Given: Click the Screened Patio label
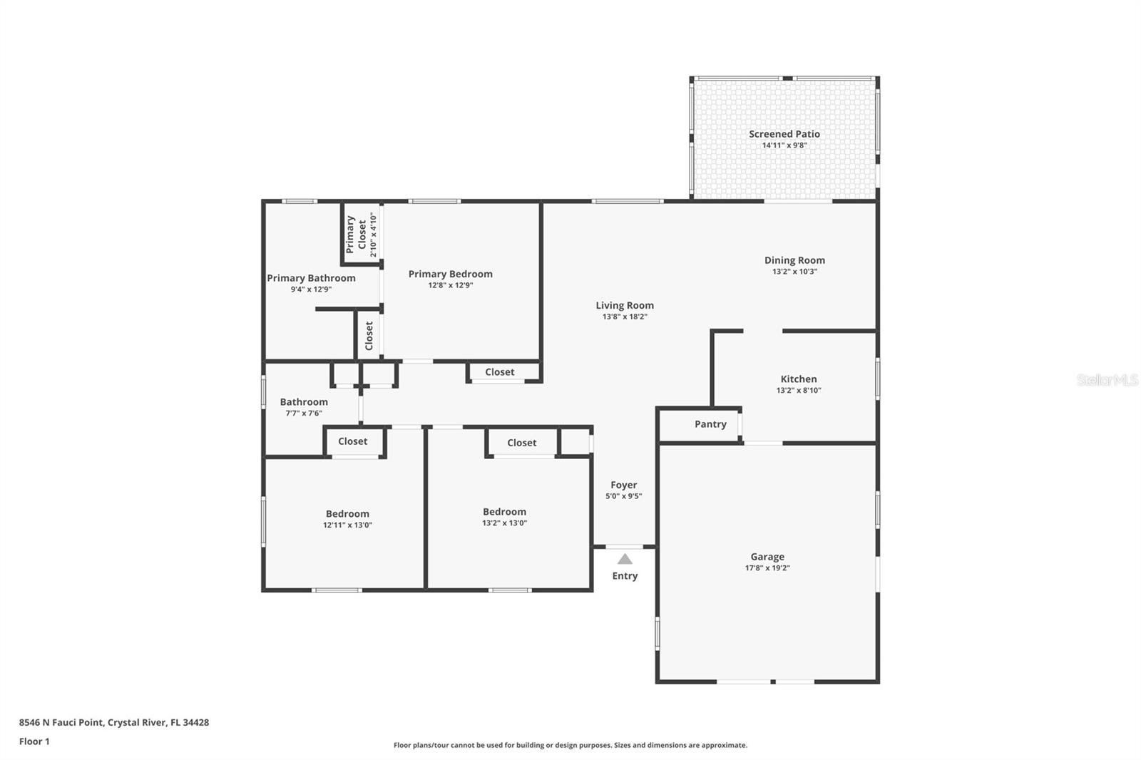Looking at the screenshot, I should click(784, 134).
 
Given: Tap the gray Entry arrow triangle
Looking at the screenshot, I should click(625, 559).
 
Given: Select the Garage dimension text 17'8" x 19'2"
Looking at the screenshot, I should click(767, 568).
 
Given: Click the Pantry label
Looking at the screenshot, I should click(710, 424).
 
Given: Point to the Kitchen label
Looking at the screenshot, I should click(798, 379).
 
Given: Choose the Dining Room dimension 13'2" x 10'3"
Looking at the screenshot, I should click(794, 272).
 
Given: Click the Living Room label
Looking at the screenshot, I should click(625, 305).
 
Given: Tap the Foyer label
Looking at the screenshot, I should click(623, 485).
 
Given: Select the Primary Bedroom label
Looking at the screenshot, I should click(450, 274).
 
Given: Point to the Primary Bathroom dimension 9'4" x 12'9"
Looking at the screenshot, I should click(311, 289).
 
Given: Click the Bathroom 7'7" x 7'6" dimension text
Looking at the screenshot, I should click(304, 413).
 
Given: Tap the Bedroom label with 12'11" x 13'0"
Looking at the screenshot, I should click(347, 513).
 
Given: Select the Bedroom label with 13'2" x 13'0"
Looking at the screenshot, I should click(504, 511).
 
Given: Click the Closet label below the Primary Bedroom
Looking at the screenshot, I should click(499, 372).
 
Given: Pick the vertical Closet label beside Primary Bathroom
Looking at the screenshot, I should click(369, 335).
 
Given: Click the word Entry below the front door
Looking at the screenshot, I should click(625, 576).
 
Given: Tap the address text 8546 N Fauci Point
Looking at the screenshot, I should click(61, 722).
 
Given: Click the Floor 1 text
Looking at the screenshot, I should click(34, 741).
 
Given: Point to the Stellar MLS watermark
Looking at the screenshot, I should click(1107, 380).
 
